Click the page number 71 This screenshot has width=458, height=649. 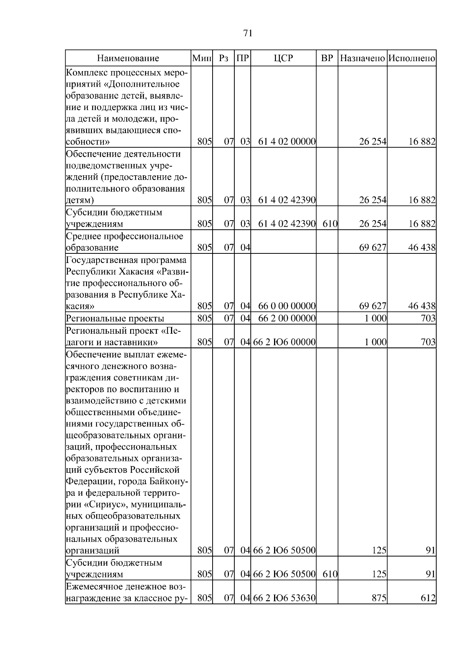248,33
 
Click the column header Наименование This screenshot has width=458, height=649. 128,58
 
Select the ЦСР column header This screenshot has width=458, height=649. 283,58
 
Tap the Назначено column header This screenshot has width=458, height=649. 362,58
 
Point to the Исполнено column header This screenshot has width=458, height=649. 412,58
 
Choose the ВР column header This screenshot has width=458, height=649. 327,58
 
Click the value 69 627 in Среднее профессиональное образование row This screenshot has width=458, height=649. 373,248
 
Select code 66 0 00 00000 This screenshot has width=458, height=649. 287,306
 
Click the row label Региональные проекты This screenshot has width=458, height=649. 115,318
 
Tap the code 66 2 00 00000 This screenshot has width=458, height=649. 287,318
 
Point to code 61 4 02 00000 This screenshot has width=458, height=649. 287,142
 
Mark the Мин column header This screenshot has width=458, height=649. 202,58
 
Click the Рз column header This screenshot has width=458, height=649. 224,58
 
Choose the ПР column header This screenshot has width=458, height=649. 243,58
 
